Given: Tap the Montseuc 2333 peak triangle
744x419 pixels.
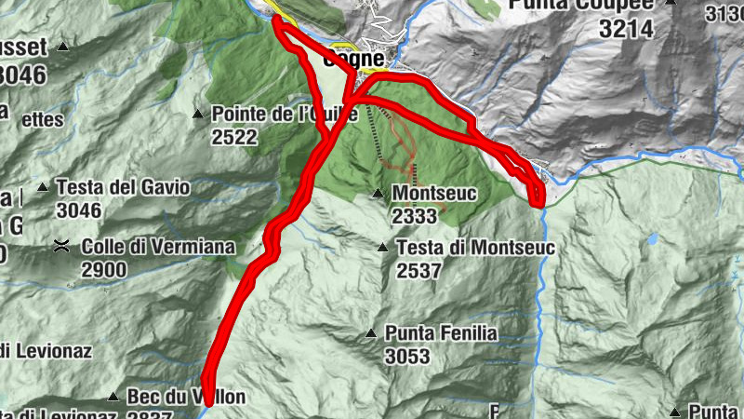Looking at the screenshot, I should (x=378, y=194).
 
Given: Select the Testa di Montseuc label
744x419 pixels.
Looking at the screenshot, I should (x=475, y=248).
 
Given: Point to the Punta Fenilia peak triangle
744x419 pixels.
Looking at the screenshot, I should (x=371, y=332).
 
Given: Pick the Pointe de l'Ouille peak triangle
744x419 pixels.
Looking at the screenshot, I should (x=197, y=115).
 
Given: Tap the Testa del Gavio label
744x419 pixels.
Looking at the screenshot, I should (x=123, y=187).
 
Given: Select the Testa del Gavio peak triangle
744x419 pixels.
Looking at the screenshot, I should (x=42, y=187).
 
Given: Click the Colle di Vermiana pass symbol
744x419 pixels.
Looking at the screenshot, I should (x=61, y=247).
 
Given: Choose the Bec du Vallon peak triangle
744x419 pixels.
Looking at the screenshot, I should (x=113, y=397).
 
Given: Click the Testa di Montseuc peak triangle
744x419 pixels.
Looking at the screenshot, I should (x=382, y=248).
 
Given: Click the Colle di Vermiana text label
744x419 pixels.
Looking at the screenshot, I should (x=158, y=248).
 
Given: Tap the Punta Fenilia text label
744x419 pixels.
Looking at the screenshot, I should (x=442, y=332).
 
